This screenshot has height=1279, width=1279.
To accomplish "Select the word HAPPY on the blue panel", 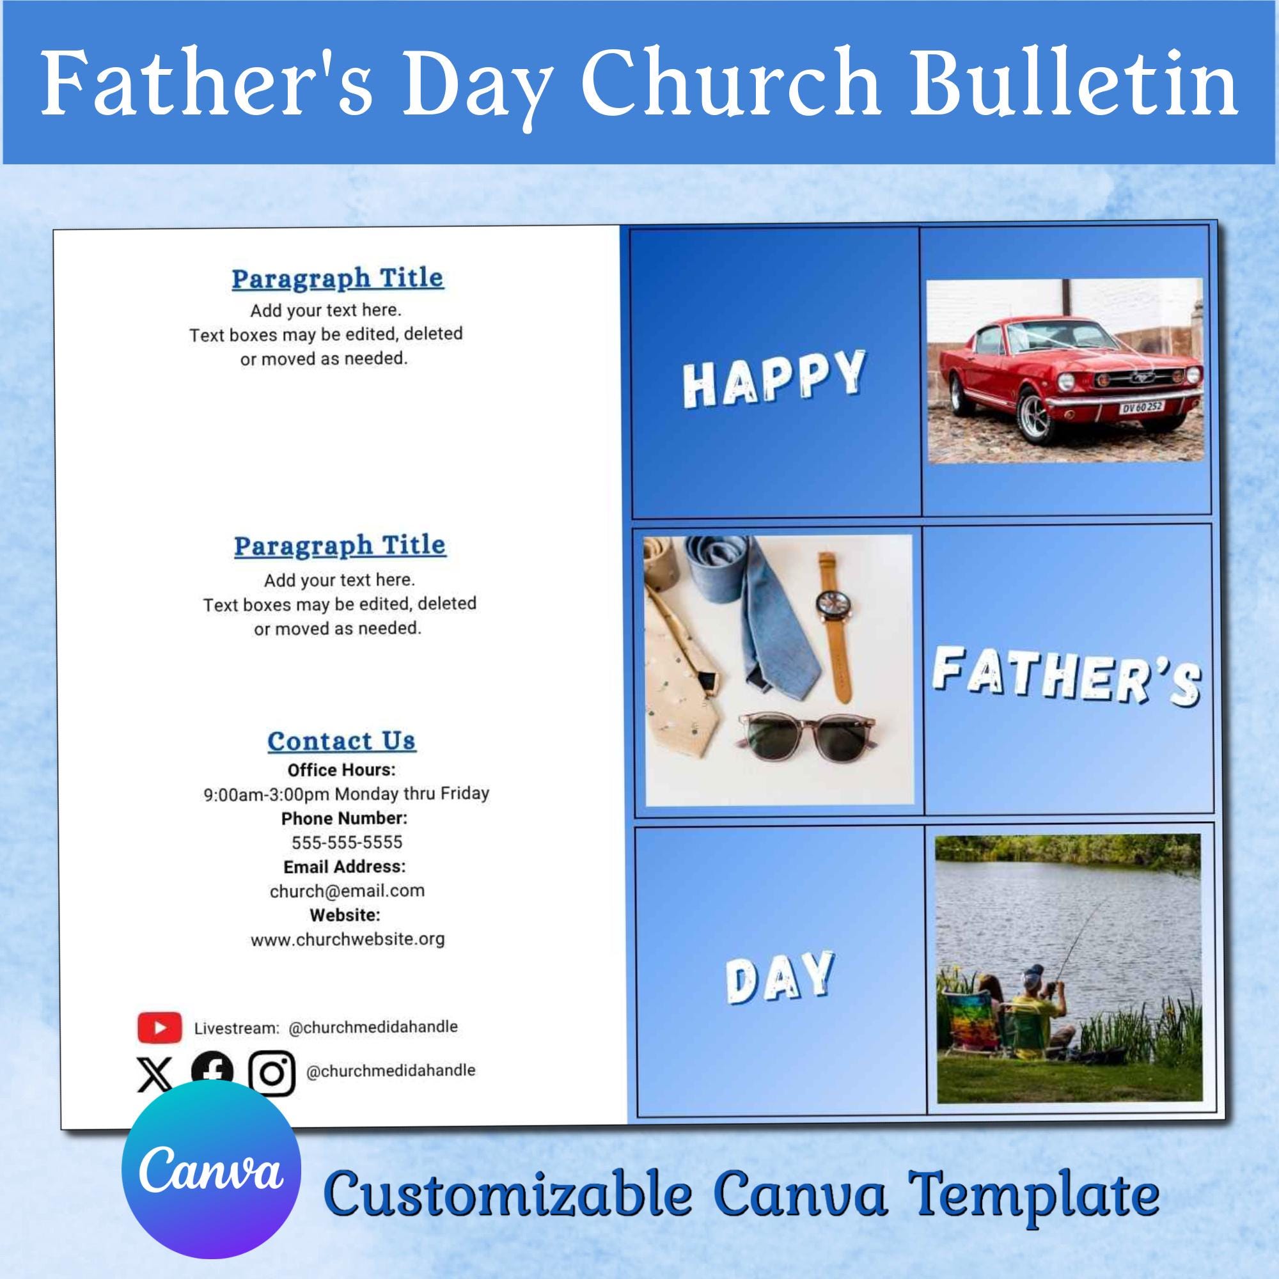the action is (x=774, y=377).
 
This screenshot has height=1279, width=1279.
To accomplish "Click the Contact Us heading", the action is (x=341, y=741).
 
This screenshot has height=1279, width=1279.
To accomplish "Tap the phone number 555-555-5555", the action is (x=347, y=842).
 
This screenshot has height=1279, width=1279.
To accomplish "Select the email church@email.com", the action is (x=347, y=890).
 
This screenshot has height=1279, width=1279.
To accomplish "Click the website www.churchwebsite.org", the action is (x=347, y=939).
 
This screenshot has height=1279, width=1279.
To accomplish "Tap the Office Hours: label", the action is (x=341, y=770).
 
